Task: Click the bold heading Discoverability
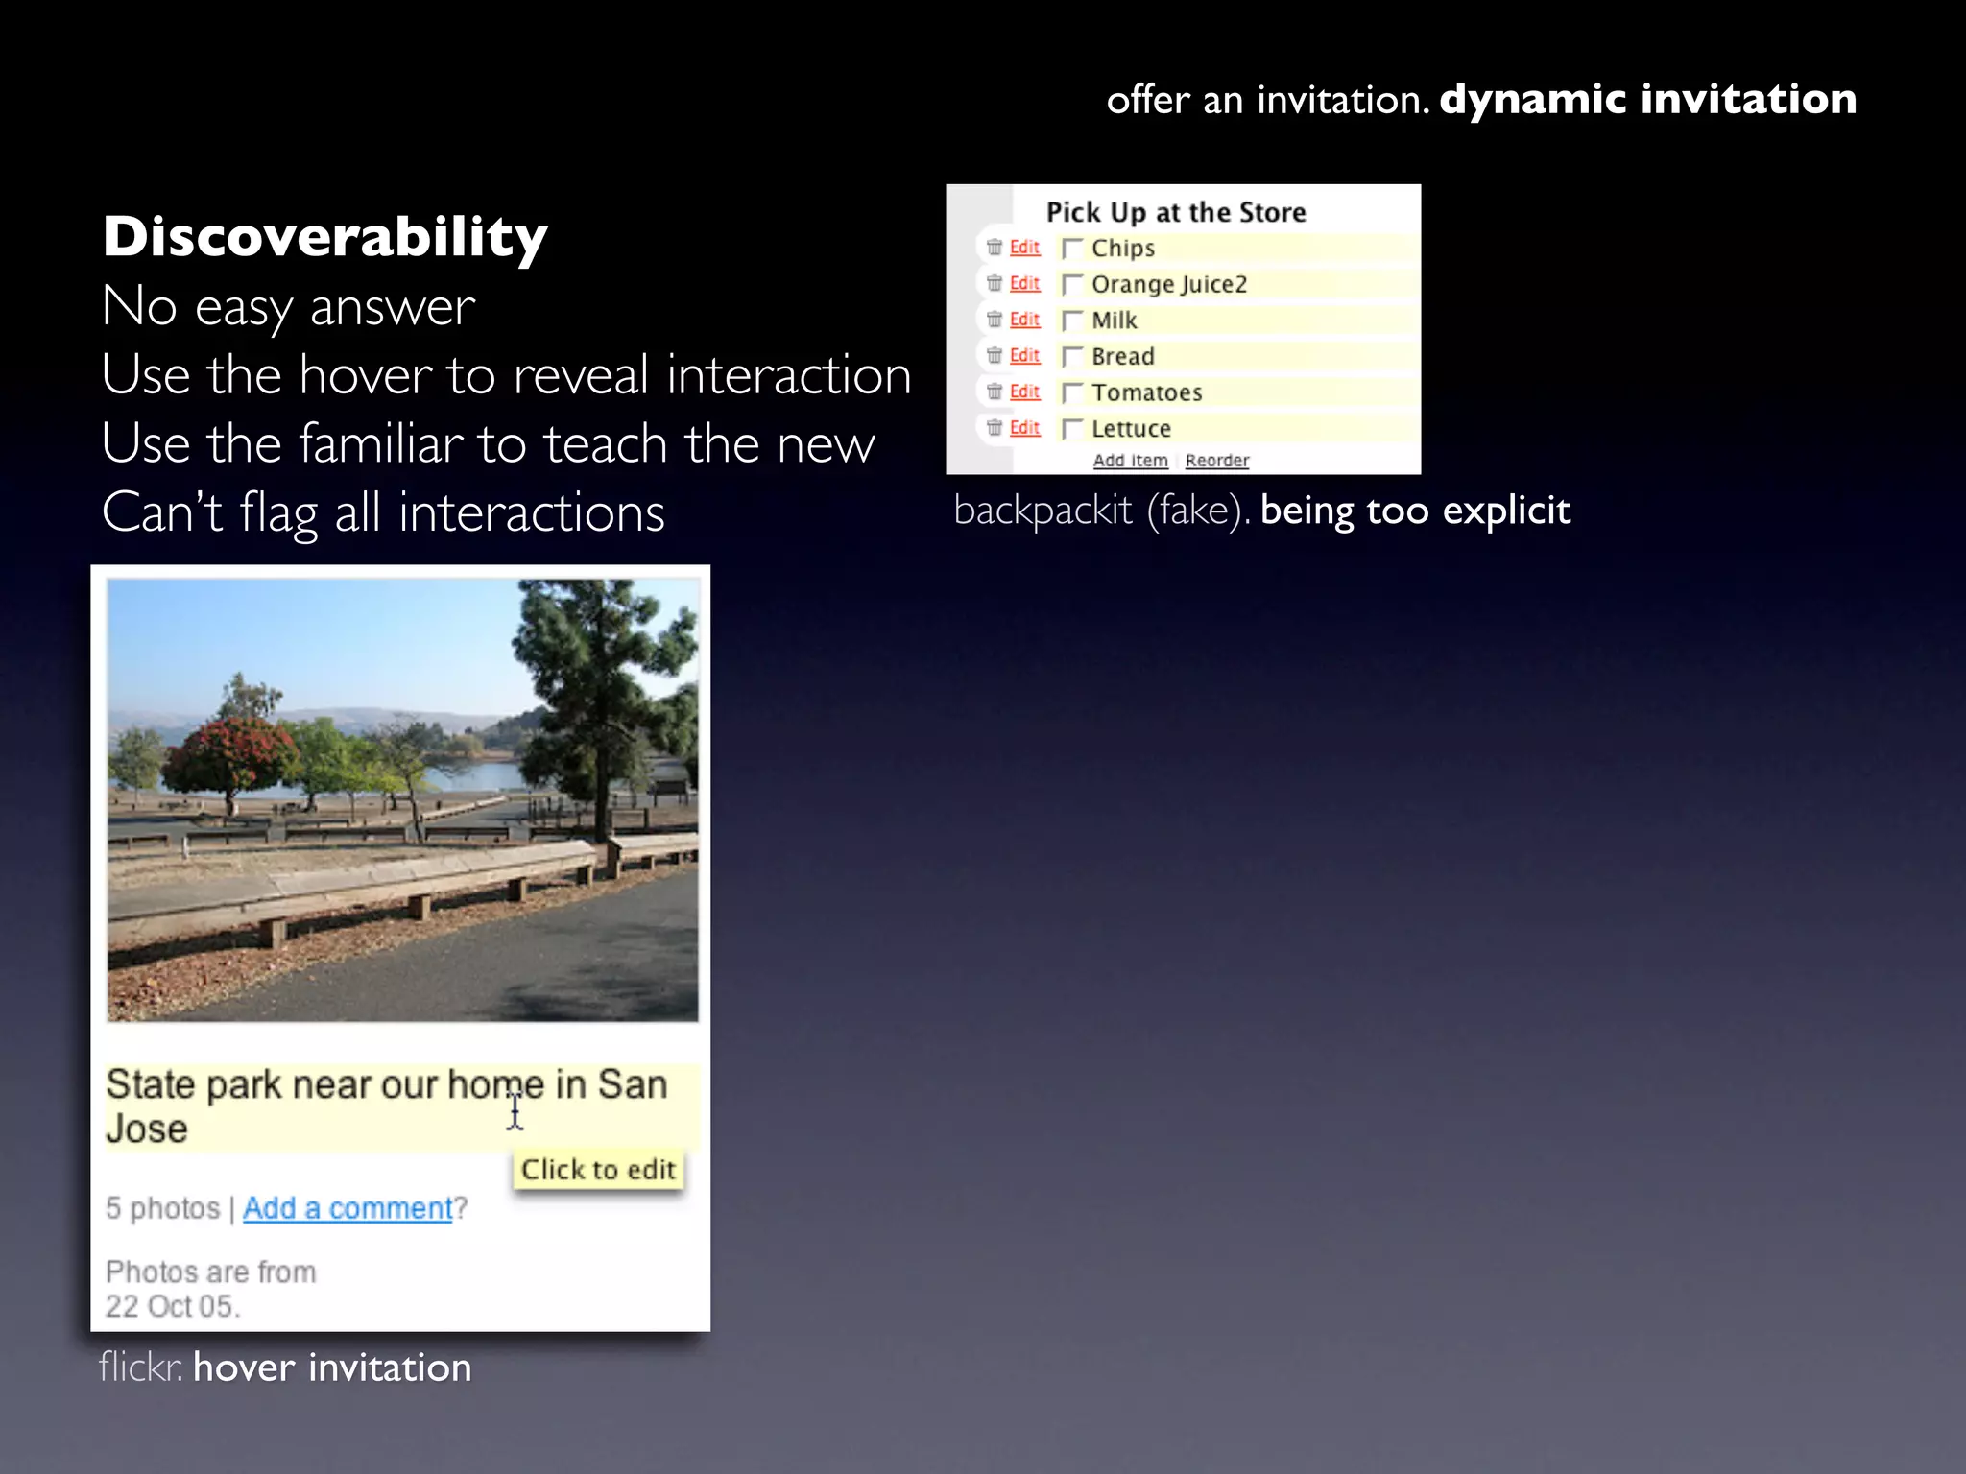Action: (324, 236)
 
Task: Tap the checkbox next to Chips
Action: (1072, 249)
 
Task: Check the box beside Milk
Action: (1072, 321)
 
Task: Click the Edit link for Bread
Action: (1024, 356)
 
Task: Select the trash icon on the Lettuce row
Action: (995, 428)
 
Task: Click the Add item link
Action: (1130, 461)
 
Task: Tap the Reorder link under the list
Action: (1216, 461)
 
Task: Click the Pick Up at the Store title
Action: (1175, 212)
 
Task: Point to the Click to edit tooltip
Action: (598, 1170)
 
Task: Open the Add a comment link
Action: (348, 1208)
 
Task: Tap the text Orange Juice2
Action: (1168, 285)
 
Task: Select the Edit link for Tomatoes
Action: (1024, 392)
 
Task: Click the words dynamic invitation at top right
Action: (1647, 99)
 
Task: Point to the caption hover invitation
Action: (332, 1367)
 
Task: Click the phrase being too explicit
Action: (1414, 511)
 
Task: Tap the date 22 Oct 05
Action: (172, 1307)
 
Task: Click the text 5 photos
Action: (162, 1208)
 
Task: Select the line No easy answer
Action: (288, 307)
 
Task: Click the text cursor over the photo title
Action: (515, 1112)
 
